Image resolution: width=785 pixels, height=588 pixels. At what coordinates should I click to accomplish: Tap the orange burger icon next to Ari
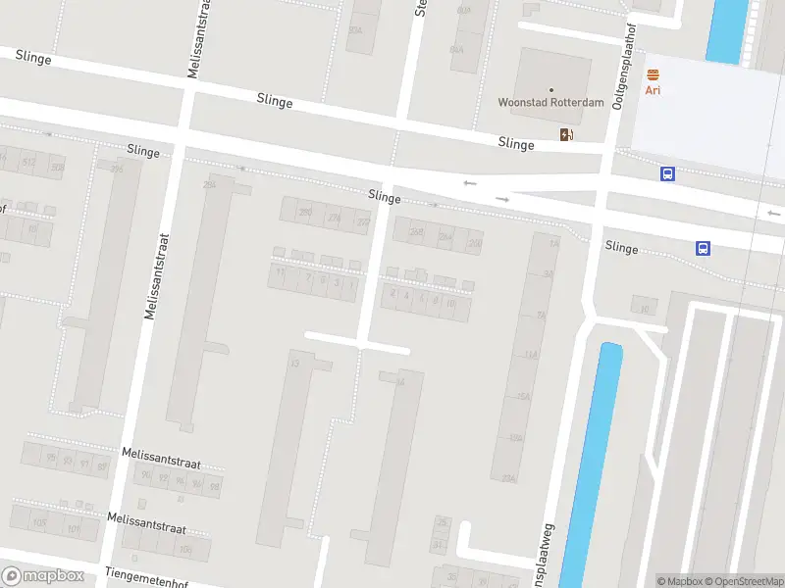[653, 74]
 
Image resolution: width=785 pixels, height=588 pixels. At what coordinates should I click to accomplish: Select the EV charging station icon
[565, 134]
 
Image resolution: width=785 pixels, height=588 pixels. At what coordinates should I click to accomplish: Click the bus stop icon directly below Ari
[667, 173]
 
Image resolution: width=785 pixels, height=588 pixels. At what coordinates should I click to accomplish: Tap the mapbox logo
[43, 576]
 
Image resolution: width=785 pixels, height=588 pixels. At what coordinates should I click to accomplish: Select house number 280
[305, 212]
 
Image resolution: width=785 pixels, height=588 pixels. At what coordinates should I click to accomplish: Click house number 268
[417, 232]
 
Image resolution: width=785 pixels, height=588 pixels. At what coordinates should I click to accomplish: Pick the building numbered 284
[208, 184]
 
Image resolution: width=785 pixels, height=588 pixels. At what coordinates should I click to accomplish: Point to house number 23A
[508, 477]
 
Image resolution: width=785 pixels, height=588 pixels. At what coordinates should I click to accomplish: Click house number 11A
[531, 354]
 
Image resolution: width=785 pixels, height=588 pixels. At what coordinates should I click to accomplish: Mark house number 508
[57, 168]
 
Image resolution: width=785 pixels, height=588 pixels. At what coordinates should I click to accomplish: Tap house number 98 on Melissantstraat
[214, 486]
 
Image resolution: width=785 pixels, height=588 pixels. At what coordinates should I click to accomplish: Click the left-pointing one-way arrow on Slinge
[470, 183]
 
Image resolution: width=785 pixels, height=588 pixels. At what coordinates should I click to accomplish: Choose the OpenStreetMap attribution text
[742, 581]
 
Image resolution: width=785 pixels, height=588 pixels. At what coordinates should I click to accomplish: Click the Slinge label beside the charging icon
[516, 144]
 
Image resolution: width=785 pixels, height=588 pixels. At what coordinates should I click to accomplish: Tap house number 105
[40, 523]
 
